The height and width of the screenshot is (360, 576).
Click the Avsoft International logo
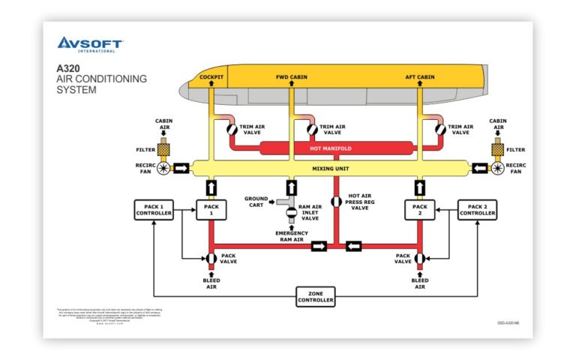(89, 44)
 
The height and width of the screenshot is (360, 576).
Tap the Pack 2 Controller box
(477, 210)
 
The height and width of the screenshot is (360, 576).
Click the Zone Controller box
(316, 298)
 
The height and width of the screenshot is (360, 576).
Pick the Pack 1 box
(211, 210)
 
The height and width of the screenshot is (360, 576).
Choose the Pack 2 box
(419, 210)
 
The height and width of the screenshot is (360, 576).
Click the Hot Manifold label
(331, 149)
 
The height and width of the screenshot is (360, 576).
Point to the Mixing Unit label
(331, 169)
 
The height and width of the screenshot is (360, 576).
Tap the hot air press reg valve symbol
(336, 202)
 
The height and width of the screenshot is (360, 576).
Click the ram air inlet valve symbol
(290, 212)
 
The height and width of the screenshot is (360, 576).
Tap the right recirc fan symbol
(496, 169)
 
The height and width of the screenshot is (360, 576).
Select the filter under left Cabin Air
(163, 149)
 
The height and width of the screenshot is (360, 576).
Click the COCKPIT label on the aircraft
(211, 77)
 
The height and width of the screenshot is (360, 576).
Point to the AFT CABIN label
(420, 77)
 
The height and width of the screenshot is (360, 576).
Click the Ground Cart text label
(256, 202)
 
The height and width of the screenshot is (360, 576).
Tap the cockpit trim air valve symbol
(232, 129)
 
